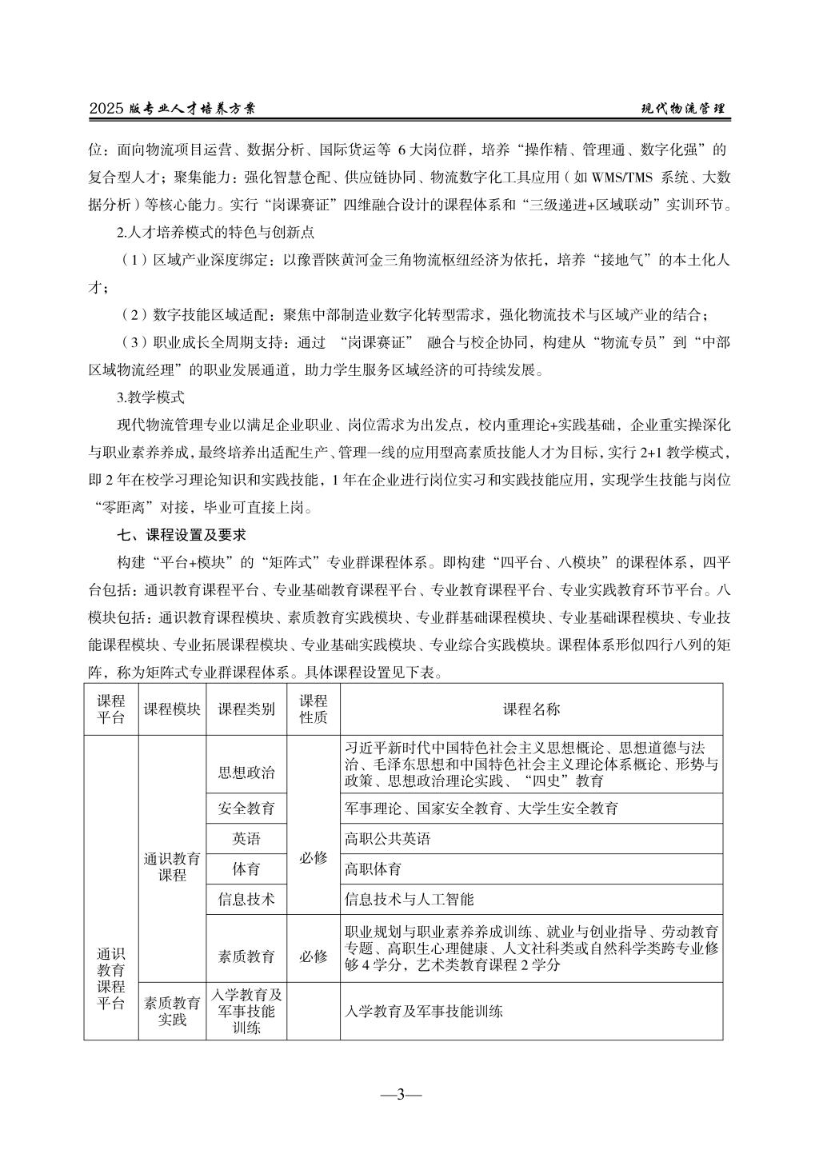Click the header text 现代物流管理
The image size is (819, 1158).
(684, 109)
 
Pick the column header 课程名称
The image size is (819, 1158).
(531, 709)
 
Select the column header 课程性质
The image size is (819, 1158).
(313, 709)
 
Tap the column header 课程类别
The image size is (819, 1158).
(246, 709)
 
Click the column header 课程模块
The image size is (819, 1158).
(172, 709)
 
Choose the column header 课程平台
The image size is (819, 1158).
(111, 709)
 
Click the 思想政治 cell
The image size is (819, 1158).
(246, 773)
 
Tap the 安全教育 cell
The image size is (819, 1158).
(246, 809)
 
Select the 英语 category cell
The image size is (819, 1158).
(246, 839)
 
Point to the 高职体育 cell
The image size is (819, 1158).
(373, 869)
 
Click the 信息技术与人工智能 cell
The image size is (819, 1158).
(409, 899)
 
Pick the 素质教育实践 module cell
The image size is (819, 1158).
(172, 1011)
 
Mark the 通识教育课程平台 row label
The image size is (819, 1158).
(111, 980)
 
